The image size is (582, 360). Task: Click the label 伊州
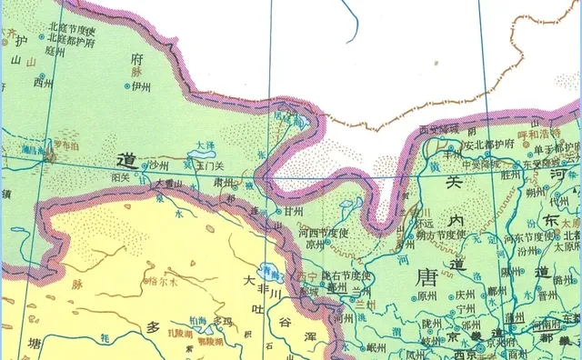[140, 86]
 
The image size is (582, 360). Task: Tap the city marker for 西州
[33, 82]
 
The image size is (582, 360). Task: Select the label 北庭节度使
[73, 30]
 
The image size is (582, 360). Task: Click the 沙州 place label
[161, 165]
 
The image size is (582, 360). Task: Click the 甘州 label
[293, 211]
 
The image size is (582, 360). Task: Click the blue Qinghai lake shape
[267, 270]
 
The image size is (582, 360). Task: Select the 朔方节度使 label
[439, 234]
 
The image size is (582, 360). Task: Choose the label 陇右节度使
[347, 274]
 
